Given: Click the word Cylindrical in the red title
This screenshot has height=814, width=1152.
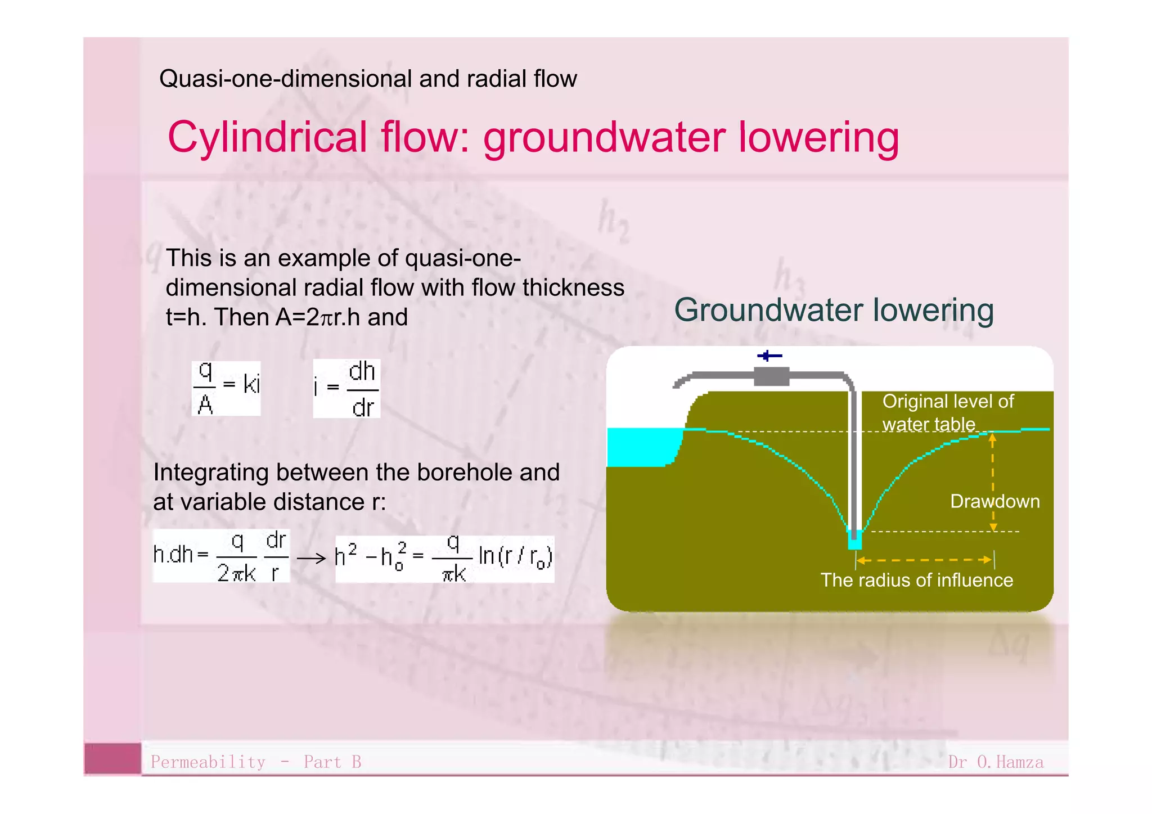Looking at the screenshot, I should pos(267,138).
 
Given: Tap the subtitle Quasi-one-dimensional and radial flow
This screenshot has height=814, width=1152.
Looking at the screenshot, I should pos(368,79).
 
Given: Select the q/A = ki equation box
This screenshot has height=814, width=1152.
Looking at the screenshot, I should pos(226,388).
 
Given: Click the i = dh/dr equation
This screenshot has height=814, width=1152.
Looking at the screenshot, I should pos(346,388).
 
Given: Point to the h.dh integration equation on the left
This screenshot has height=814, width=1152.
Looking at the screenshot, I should pos(221,556).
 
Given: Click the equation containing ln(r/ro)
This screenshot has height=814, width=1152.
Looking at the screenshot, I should pos(444,559).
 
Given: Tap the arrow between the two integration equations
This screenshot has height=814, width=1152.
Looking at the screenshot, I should pos(312,559).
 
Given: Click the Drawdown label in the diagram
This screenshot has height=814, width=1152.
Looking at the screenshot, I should pos(994,501).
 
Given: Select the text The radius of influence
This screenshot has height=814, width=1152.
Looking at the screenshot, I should pos(916,580).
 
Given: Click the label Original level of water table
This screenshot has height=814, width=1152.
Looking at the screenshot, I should pos(947,412).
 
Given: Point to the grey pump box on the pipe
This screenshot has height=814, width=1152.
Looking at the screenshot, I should pos(771,376).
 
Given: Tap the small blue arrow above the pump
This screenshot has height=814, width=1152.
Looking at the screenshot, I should pos(769,356).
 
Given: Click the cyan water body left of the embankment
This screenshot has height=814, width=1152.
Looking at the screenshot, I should pos(641,447).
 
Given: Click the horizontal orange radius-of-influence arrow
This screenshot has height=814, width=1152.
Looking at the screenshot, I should pos(924,560).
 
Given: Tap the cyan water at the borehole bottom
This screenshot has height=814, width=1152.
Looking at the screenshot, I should pos(854,542).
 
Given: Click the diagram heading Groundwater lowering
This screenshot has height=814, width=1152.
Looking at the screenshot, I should pos(834,310).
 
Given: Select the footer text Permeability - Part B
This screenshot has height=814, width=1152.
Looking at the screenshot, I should pos(256,762).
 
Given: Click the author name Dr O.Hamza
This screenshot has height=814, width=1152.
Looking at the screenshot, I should pos(995,762).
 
